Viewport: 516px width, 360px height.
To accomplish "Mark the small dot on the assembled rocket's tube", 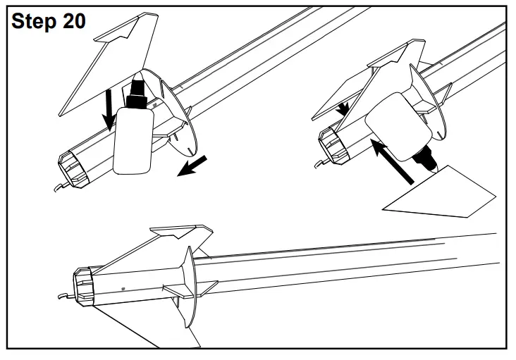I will [x=124, y=287].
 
